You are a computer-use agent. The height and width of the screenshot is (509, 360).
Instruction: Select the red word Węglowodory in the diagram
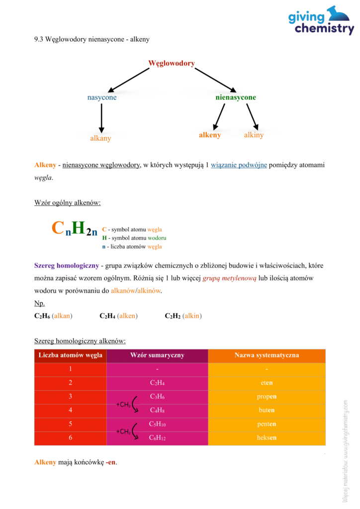tap(171, 64)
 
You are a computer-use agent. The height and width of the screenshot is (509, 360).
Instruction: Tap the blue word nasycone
tap(102, 97)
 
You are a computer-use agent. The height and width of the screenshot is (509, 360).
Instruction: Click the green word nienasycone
tap(235, 97)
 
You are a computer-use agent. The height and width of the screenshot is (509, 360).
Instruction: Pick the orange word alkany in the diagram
tap(100, 138)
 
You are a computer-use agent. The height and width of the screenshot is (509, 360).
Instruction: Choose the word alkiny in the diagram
tap(254, 135)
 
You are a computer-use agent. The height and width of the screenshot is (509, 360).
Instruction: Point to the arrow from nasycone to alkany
tap(101, 118)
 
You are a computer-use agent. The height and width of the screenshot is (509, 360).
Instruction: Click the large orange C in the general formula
tap(58, 228)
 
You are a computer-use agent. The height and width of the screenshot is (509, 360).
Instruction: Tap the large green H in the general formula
tap(78, 228)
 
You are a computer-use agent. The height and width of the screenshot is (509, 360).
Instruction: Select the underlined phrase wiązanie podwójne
tap(239, 165)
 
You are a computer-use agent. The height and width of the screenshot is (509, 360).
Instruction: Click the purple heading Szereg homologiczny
tap(66, 265)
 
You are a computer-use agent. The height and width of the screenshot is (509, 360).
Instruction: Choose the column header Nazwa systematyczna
tap(267, 355)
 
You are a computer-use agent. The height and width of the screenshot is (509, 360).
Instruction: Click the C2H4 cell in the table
tap(157, 383)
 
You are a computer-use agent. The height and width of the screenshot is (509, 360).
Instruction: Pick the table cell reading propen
tap(267, 397)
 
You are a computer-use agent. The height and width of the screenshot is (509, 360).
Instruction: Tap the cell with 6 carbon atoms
tap(70, 438)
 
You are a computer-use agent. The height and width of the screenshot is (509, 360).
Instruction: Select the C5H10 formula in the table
tap(157, 424)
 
